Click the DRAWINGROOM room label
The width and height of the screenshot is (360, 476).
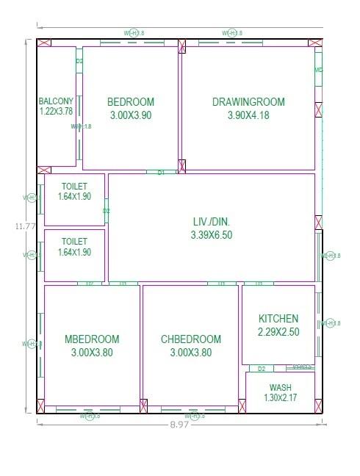click(248, 102)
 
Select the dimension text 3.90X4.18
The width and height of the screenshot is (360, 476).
click(248, 115)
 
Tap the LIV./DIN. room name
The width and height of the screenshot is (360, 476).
click(211, 221)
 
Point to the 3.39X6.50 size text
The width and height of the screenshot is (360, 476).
click(211, 234)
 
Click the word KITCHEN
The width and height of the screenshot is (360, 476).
click(278, 319)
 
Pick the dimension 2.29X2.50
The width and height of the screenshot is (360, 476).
click(278, 332)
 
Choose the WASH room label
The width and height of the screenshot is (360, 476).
click(280, 388)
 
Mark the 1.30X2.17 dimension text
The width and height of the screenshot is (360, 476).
click(280, 398)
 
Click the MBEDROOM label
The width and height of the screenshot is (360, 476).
click(92, 339)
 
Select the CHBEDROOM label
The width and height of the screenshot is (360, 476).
click(190, 339)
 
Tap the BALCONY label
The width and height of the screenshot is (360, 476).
click(56, 101)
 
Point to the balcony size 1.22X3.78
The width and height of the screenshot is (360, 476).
click(56, 112)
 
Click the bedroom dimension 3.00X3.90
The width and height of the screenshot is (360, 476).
click(131, 115)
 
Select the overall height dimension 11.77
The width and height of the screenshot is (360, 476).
click(25, 226)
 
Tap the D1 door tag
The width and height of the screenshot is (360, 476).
click(161, 172)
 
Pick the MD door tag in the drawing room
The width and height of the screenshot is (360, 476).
click(319, 71)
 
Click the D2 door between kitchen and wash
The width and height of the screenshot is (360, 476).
click(261, 368)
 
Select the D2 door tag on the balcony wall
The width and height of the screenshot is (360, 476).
click(79, 62)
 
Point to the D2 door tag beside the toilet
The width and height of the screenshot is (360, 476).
click(107, 211)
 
